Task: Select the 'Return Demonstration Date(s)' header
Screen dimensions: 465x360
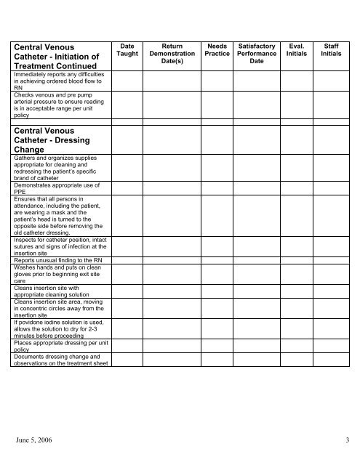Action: [172, 54]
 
